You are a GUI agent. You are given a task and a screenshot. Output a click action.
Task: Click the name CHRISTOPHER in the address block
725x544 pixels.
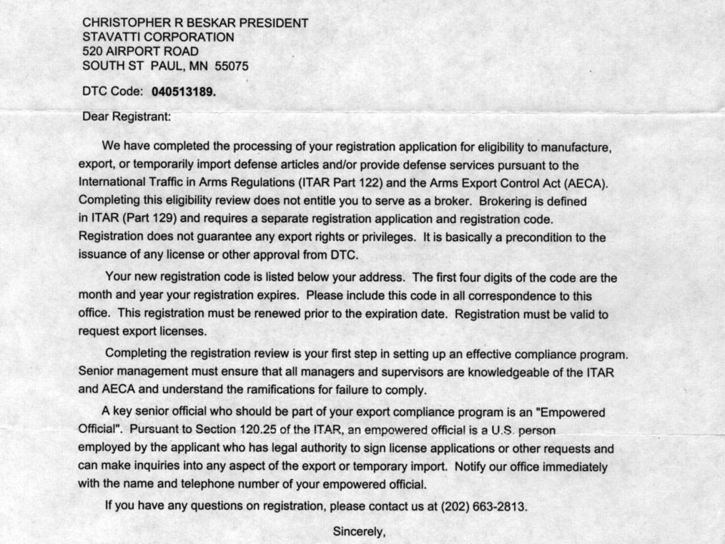(x=123, y=23)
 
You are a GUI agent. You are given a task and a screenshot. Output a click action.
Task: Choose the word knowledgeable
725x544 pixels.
(x=504, y=372)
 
